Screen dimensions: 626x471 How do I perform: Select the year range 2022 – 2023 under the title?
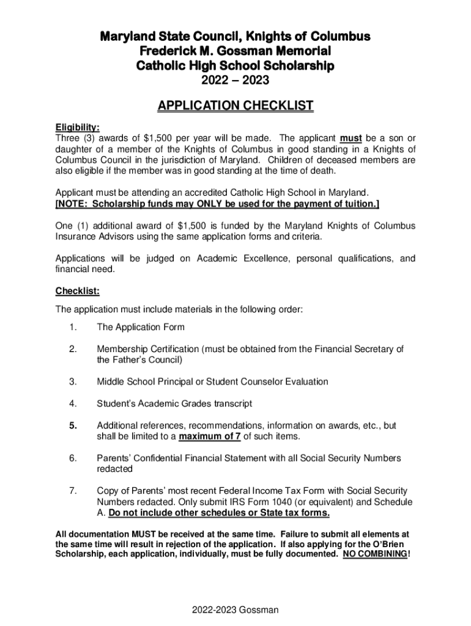[236, 80]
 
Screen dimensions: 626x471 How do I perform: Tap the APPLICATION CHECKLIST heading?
[236, 106]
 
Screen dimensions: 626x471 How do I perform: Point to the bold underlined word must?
[351, 138]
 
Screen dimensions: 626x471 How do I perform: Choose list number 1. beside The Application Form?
[73, 328]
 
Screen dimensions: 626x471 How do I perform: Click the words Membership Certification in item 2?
[147, 349]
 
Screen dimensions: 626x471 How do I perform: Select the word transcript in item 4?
[231, 403]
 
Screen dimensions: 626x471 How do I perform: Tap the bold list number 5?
[73, 425]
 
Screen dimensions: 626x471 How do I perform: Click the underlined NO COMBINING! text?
[377, 554]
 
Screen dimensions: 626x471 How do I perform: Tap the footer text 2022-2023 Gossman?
[236, 609]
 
